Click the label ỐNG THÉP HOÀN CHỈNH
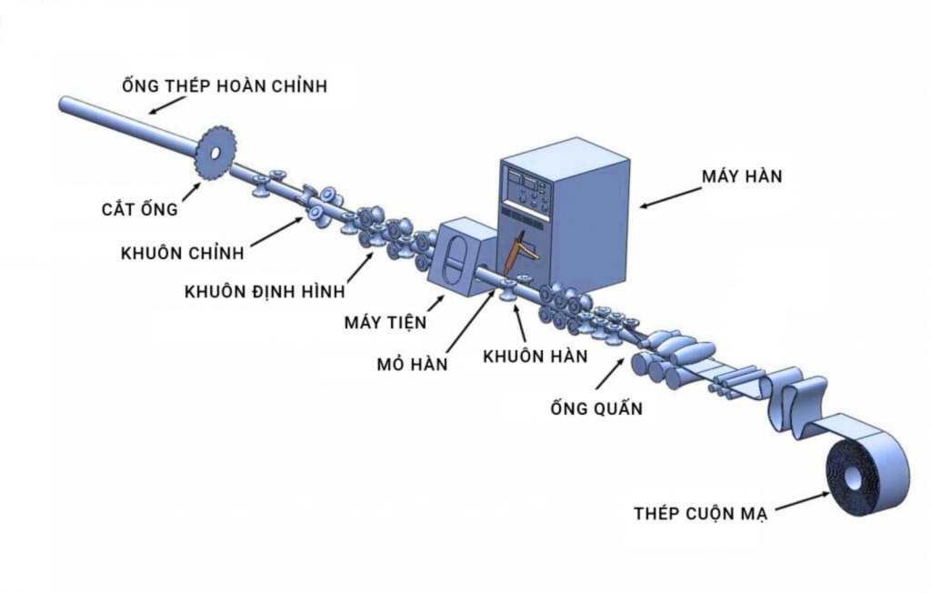click(x=224, y=87)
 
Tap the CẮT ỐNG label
click(x=139, y=210)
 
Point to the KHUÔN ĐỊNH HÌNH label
click(x=265, y=292)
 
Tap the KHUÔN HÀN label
click(x=535, y=356)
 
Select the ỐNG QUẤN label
click(x=596, y=408)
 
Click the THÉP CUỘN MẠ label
click(x=701, y=514)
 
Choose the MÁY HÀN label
click(x=741, y=176)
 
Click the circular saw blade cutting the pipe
click(x=215, y=153)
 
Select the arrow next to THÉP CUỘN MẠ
click(x=800, y=499)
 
